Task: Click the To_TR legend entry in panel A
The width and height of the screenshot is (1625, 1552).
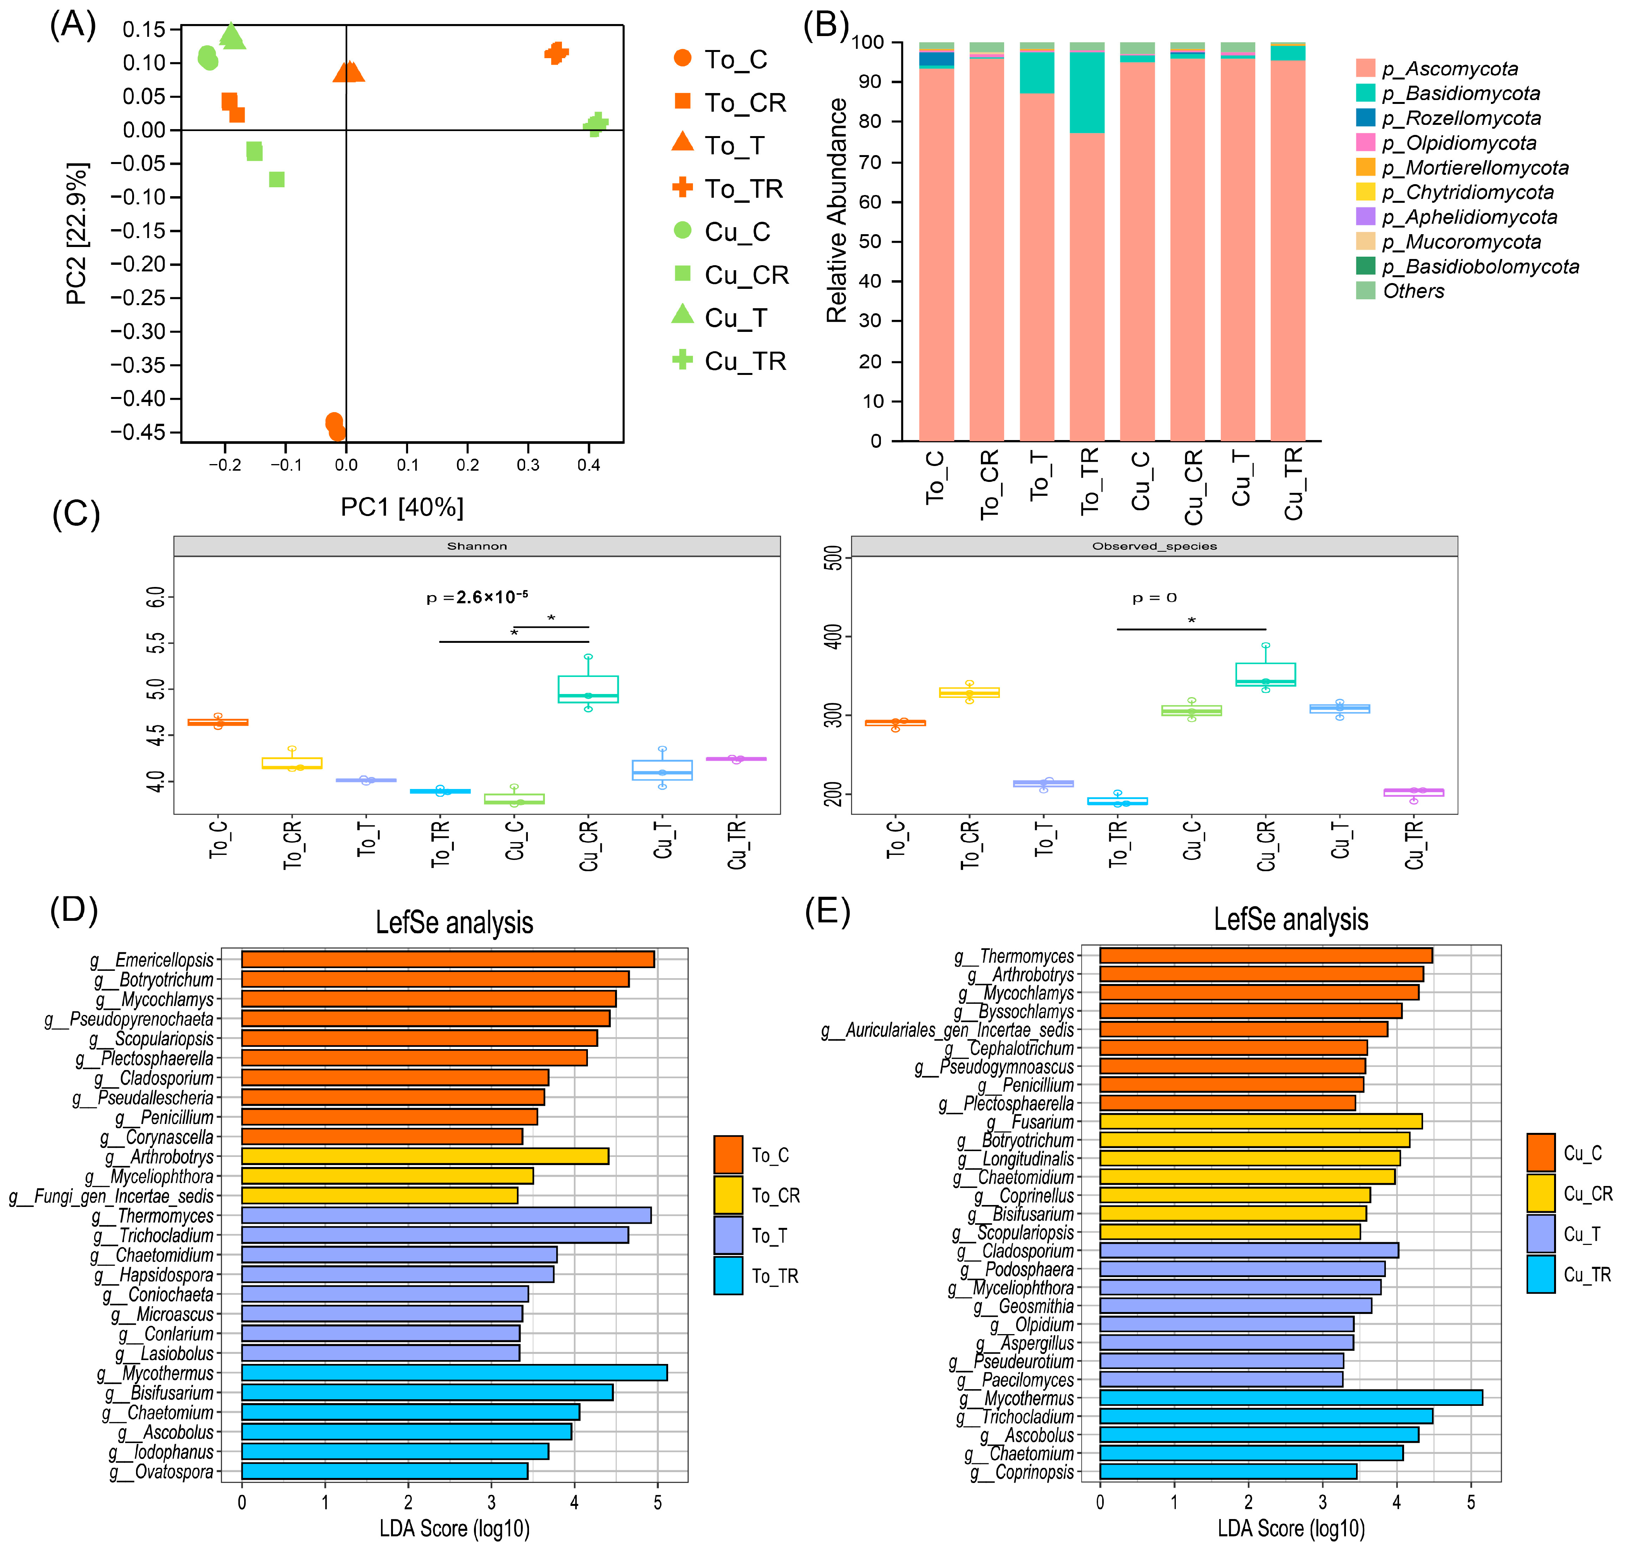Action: [x=743, y=189]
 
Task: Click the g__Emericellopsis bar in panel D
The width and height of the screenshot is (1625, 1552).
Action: [x=447, y=960]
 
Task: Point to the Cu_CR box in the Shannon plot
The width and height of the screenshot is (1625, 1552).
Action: [x=588, y=689]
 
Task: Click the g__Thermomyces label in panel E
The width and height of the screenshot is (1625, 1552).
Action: [x=1025, y=956]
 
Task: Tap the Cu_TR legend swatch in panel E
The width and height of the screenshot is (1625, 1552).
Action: [x=1541, y=1274]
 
